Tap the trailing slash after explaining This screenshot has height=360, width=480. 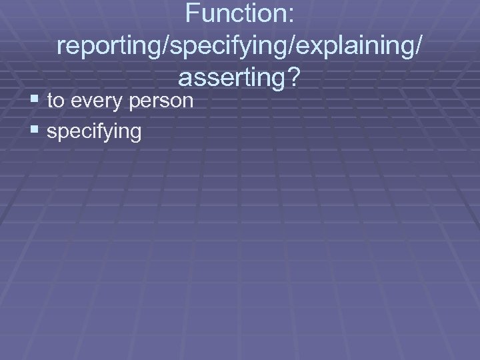click(x=417, y=46)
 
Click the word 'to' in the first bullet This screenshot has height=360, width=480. click(x=56, y=101)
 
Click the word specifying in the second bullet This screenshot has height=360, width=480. click(x=94, y=132)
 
